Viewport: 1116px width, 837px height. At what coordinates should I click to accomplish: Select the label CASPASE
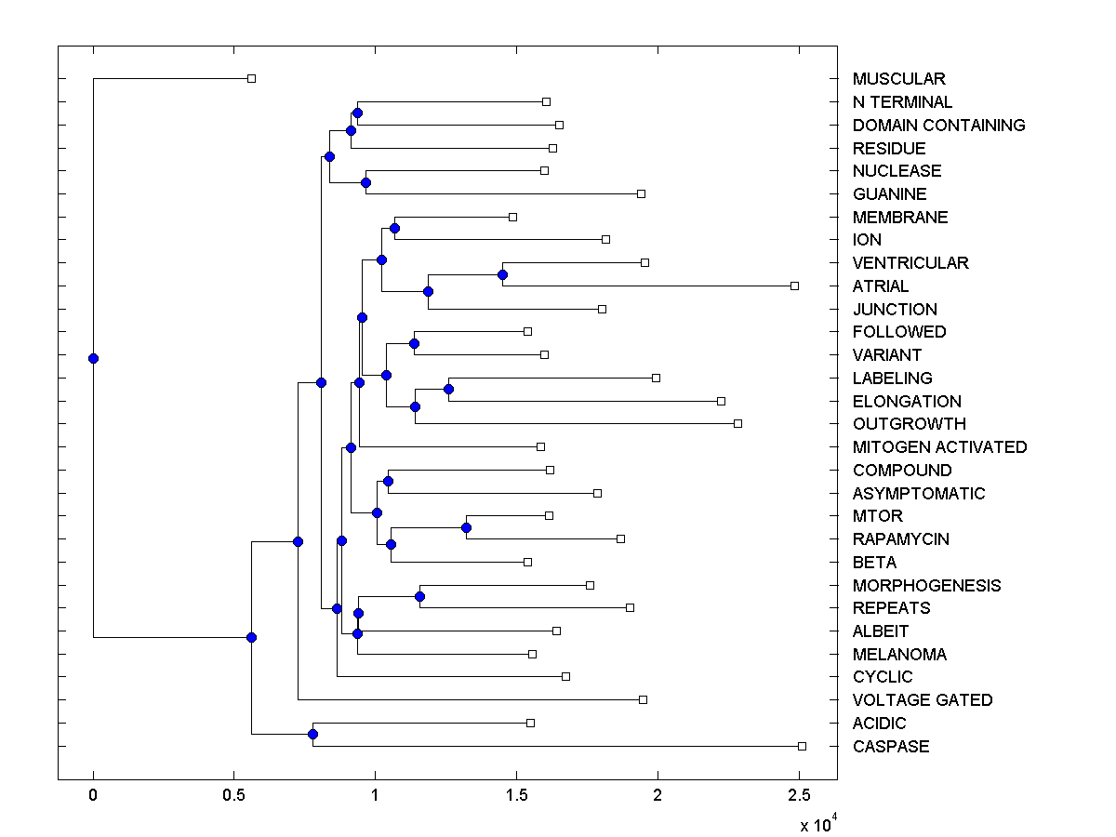890,747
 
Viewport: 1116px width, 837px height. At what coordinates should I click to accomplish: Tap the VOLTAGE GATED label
922,700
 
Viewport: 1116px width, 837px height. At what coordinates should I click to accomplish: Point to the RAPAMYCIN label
900,539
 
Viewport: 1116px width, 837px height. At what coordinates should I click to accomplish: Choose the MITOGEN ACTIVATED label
939,447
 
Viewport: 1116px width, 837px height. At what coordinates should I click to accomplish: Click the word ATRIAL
880,286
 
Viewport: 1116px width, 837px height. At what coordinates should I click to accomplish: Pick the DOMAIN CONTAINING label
938,126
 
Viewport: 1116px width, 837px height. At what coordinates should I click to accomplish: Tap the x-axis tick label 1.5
516,796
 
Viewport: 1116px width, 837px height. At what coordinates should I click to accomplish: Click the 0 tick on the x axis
93,796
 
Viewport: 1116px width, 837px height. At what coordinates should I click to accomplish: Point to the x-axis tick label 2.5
799,796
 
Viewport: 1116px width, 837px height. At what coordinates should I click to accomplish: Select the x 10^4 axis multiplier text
818,824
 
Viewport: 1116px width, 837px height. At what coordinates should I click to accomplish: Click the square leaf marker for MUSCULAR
251,78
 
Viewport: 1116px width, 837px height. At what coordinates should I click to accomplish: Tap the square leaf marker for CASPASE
802,746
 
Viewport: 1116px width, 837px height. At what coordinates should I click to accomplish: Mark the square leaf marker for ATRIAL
794,286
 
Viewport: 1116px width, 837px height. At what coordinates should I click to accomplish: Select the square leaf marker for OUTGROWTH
737,423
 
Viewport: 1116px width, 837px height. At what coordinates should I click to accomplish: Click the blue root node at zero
93,358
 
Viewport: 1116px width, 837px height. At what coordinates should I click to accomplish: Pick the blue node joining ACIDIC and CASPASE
313,735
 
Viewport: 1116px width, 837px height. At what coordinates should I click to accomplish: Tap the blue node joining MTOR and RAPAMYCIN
466,527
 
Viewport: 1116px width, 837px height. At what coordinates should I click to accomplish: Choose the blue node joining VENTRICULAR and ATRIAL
502,274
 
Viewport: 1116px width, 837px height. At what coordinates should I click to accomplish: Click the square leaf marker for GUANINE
641,193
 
